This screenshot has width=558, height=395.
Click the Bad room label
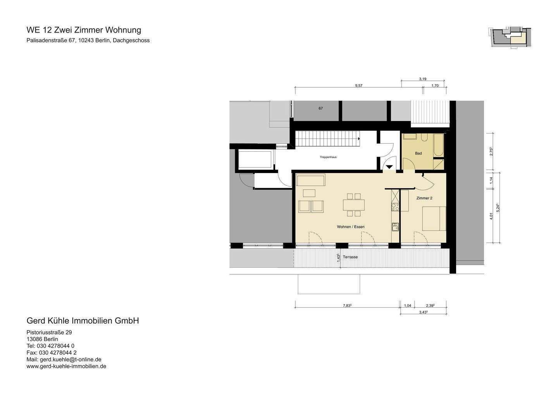[x=418, y=153]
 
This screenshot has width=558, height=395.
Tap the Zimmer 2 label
[x=424, y=198]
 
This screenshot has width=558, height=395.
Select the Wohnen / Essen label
[x=350, y=227]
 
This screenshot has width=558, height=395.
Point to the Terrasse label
[x=350, y=257]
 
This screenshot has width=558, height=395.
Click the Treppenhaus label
[x=328, y=157]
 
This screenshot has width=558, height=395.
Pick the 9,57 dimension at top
[x=358, y=86]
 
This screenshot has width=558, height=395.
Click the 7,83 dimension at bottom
[x=347, y=305]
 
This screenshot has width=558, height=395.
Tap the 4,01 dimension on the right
[x=491, y=216]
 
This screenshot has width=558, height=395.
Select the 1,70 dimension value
[x=435, y=86]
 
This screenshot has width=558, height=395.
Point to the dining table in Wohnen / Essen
[x=353, y=204]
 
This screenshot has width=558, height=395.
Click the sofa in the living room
[x=310, y=180]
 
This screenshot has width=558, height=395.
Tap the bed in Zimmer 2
[x=434, y=218]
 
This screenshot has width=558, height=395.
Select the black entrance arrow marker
[x=389, y=167]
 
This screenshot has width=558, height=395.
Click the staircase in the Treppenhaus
[x=328, y=139]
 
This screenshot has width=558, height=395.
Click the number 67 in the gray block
[x=320, y=109]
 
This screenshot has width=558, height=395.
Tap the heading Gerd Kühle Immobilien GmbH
[x=83, y=321]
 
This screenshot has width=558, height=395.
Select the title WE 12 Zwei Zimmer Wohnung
[x=84, y=30]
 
